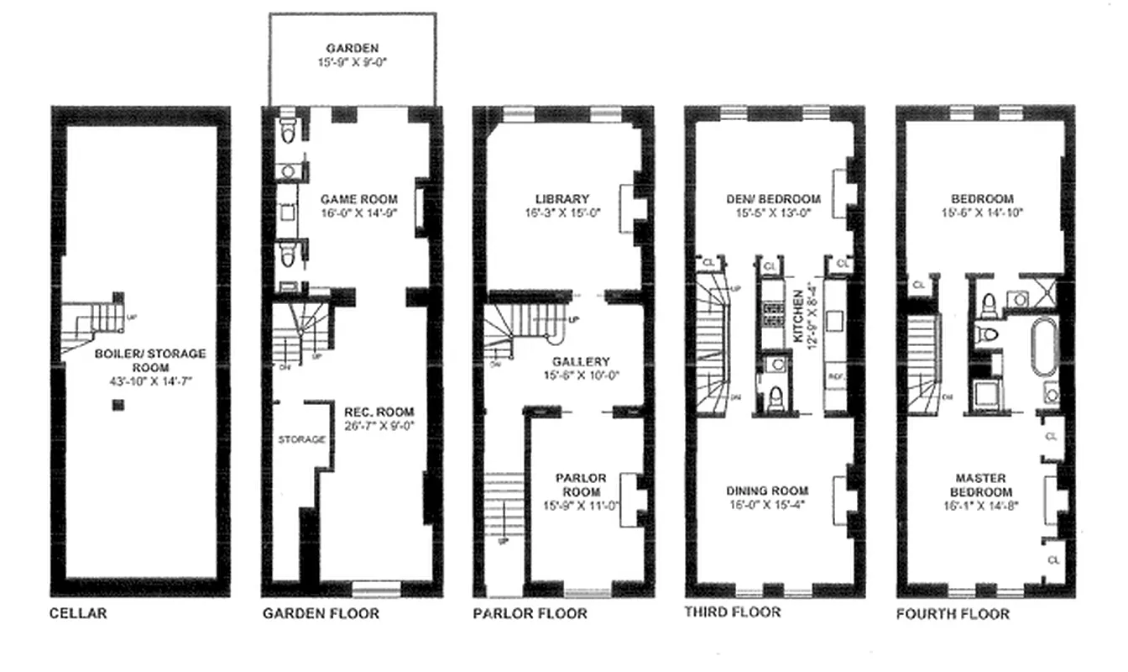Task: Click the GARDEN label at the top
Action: [x=352, y=48]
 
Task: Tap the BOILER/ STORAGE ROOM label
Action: [x=149, y=360]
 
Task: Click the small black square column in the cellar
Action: [x=118, y=406]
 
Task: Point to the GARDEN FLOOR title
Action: [x=321, y=613]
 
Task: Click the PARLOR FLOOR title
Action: [x=530, y=613]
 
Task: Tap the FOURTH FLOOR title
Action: [x=953, y=614]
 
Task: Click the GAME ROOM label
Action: [x=359, y=199]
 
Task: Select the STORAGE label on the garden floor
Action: [x=301, y=439]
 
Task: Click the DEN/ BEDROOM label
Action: [x=774, y=199]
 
